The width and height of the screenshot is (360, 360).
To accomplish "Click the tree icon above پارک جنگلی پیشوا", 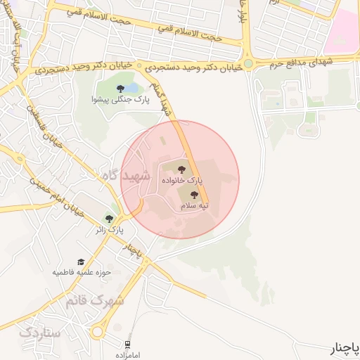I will pos(120,88).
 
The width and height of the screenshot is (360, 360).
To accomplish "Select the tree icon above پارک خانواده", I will pos(182,169).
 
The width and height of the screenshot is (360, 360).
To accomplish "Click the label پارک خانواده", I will pos(184,181).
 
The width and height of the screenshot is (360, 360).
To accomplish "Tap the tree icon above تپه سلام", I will pos(195,195).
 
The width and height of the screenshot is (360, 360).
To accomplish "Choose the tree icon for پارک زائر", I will pos(109,219).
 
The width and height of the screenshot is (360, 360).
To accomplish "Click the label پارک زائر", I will pos(110,230).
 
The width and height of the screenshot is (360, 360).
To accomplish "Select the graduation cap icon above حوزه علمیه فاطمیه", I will pos(79,262).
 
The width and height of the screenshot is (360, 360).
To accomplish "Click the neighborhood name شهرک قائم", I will pos(94,301).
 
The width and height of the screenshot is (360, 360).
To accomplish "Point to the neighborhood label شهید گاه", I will pos(127,176).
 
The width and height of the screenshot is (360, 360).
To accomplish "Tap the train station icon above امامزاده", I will pos(127,344).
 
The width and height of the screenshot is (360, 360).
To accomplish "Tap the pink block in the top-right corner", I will pos(344,28).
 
